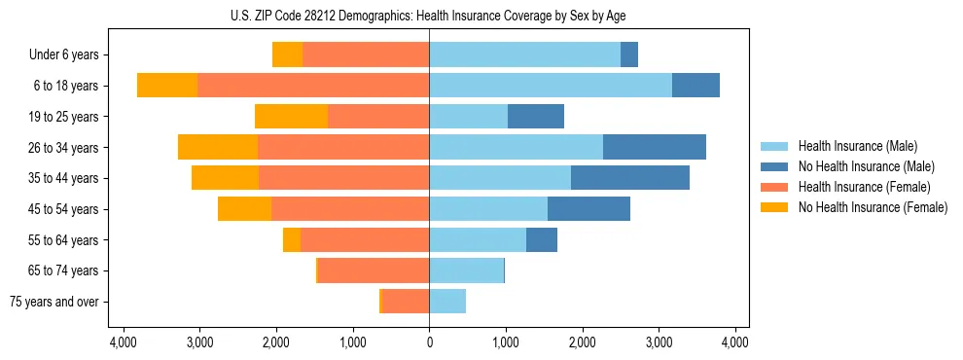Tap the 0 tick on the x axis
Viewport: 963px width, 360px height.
pyautogui.click(x=429, y=342)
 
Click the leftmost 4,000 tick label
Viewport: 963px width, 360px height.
pyautogui.click(x=123, y=342)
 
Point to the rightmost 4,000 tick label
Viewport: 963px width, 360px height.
pyautogui.click(x=735, y=342)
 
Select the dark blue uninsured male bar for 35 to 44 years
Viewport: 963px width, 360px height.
pyautogui.click(x=629, y=178)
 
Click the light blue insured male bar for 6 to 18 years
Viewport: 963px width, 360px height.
pyautogui.click(x=550, y=86)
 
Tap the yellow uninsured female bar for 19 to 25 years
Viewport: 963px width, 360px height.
pyautogui.click(x=291, y=117)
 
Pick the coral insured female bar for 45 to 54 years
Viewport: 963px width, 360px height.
pyautogui.click(x=350, y=209)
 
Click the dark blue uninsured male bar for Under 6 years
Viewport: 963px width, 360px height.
pyautogui.click(x=628, y=55)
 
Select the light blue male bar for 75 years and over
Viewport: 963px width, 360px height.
pyautogui.click(x=447, y=302)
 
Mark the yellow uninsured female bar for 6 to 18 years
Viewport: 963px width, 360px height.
pyautogui.click(x=167, y=86)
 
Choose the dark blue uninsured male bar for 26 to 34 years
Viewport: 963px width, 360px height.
pyautogui.click(x=654, y=148)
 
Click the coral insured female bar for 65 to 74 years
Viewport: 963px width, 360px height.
pyautogui.click(x=374, y=270)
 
